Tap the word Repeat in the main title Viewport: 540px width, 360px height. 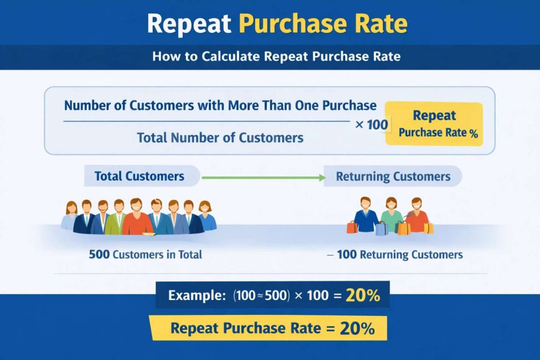coord(189,24)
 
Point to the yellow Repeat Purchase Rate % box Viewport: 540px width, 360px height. coord(434,124)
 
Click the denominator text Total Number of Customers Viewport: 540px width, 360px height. coord(220,138)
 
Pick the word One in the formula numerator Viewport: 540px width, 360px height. coord(307,105)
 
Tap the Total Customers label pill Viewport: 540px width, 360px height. coord(140,176)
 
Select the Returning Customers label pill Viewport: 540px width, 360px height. coord(393,176)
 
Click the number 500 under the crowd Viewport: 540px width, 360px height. coord(99,255)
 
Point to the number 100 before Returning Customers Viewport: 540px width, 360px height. coord(346,255)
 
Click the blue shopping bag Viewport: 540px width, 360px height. coord(382,228)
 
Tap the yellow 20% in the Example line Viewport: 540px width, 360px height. coord(363,296)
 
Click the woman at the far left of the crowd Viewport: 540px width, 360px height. coord(70,215)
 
